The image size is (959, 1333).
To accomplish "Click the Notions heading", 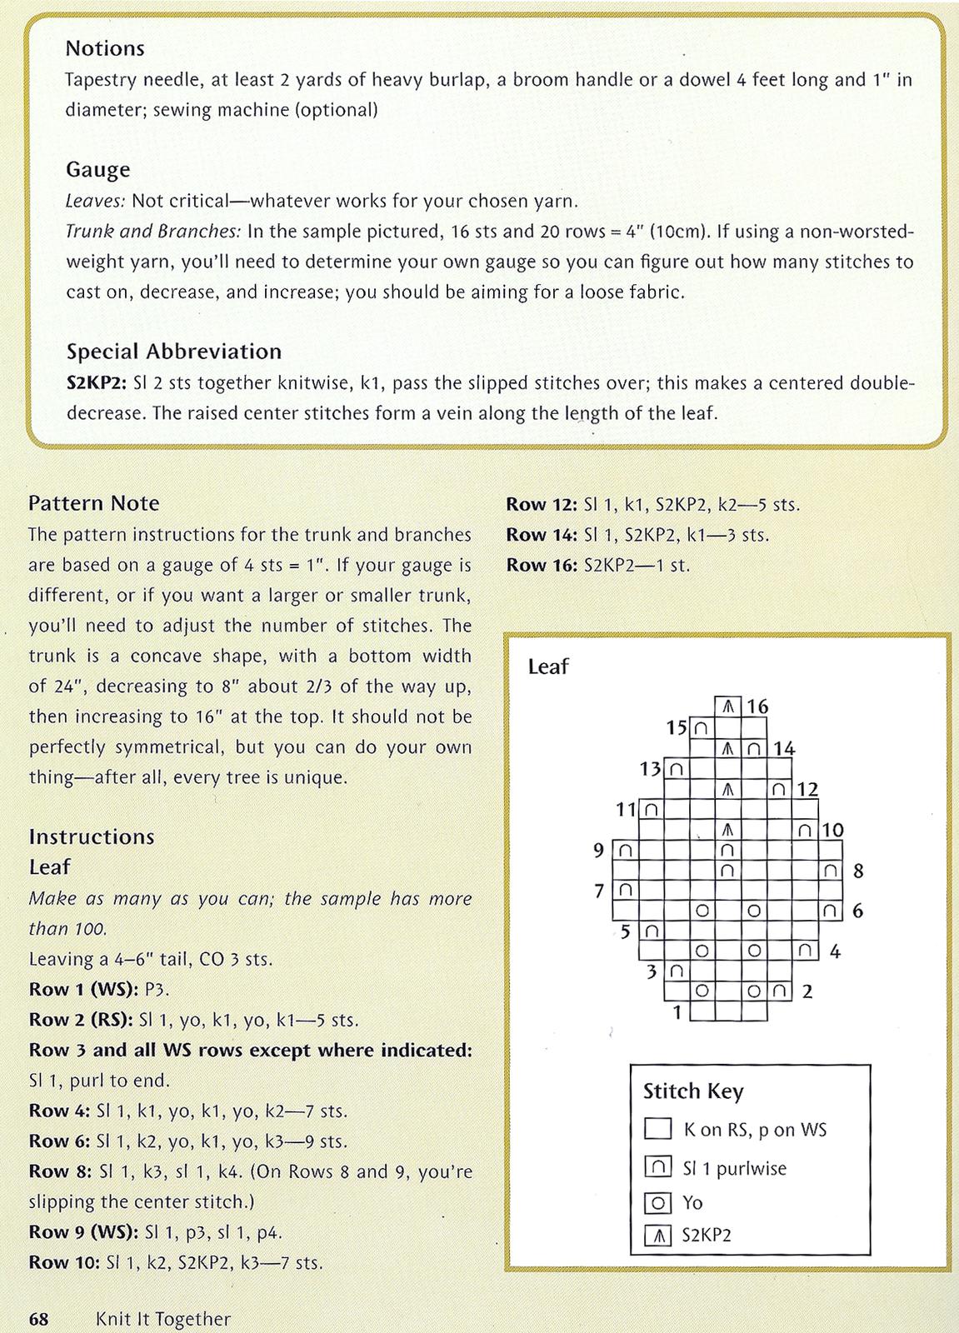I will pos(105,48).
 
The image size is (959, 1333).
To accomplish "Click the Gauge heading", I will pos(98,170).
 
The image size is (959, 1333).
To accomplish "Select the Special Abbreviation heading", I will pos(173,352).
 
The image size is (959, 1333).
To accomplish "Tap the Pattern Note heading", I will pos(93,503).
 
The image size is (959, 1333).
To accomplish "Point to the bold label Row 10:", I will pos(64,1263).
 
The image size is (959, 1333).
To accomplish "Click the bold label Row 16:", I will pos(542,565).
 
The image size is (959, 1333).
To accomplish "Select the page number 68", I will pos(38,1320).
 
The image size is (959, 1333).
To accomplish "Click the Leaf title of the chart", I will pos(547,666).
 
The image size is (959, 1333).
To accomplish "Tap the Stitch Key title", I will pos(693,1091).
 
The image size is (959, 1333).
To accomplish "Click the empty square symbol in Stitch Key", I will pos(658,1130).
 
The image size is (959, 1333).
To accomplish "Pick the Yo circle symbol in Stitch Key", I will pos(658,1203).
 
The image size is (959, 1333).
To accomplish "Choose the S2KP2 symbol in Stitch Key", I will pos(658,1235).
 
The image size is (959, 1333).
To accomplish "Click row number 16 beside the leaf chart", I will pos(757,707).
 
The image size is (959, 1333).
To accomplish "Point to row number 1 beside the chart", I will pos(677,1012).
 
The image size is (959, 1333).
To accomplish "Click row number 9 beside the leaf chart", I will pos(598,851).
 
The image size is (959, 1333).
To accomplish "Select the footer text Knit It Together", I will pos(162,1320).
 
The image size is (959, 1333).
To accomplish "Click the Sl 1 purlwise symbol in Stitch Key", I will pos(658,1168).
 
